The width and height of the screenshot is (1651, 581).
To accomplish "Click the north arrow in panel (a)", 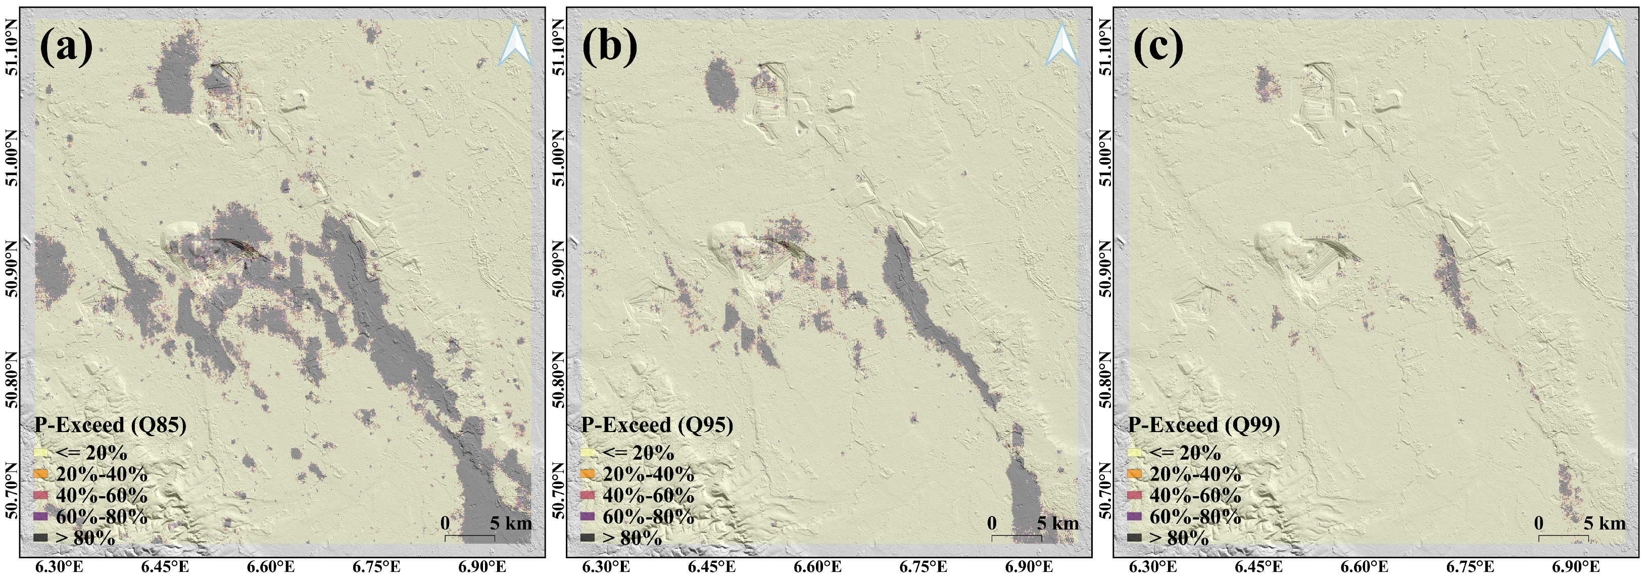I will pos(515,45).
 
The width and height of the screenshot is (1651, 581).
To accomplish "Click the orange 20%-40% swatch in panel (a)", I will pos(40,474).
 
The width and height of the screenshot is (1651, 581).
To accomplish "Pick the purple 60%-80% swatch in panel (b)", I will pos(588,516).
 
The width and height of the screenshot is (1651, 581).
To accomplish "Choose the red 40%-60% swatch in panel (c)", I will pos(1134,495).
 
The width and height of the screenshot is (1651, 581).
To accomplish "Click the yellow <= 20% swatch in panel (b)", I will pos(588,453).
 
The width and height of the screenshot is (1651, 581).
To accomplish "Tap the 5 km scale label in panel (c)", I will pos(1604,523).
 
